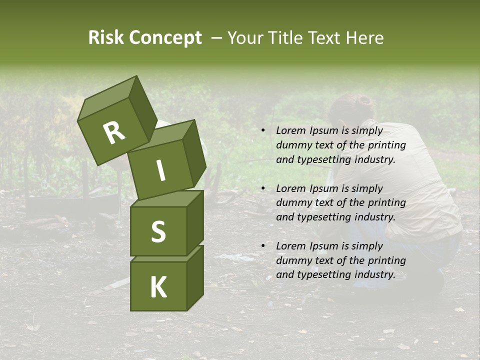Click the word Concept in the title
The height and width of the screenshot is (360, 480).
(165, 38)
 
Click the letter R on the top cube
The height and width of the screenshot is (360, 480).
(114, 133)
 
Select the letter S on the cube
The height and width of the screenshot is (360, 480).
(158, 232)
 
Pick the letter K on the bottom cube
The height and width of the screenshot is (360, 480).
(158, 287)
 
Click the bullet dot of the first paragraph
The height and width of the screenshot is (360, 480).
(263, 131)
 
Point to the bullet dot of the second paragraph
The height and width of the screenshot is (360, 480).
(263, 189)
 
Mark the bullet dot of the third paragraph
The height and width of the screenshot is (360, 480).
(263, 246)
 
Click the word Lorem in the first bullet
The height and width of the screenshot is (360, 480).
(290, 131)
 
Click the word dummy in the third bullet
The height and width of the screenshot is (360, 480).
(292, 260)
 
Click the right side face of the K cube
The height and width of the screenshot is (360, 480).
(195, 277)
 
